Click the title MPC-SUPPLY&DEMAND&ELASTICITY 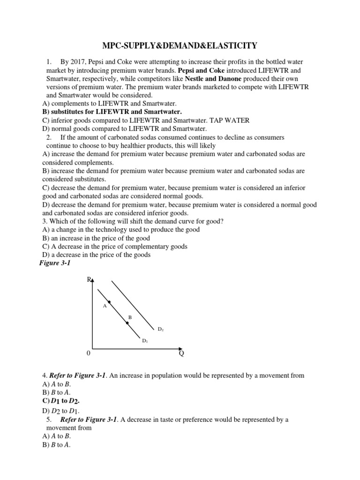[180, 45]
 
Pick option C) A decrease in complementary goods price [115, 247]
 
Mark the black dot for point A [109, 302]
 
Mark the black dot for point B [127, 323]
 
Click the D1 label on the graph [145, 341]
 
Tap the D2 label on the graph [160, 330]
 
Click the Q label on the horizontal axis [181, 354]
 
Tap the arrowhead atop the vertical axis [93, 280]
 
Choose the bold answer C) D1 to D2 [61, 401]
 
